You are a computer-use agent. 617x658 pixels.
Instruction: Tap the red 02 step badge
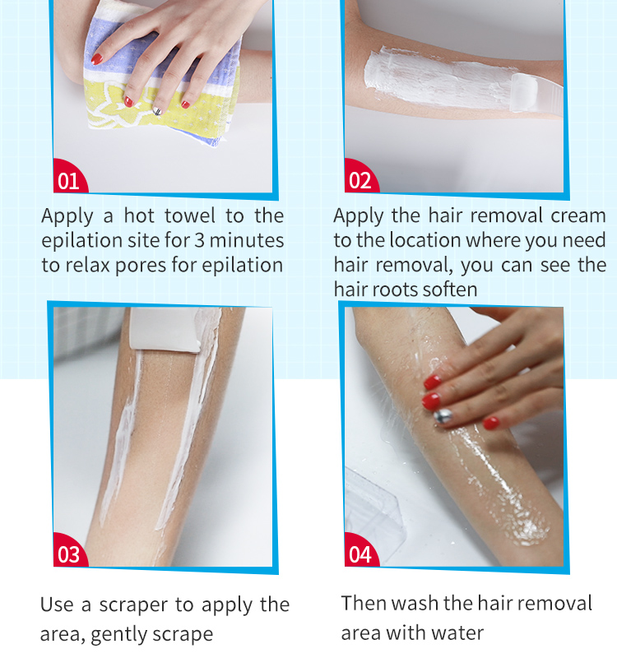360,180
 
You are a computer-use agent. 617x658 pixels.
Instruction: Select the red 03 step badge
69,554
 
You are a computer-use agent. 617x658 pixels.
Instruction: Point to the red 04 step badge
360,554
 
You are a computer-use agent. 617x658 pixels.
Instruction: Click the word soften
452,290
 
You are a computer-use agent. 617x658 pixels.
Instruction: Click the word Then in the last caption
364,604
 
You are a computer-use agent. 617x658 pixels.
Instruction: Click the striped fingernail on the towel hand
156,107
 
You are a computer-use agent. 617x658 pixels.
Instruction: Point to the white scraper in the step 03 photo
165,331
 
